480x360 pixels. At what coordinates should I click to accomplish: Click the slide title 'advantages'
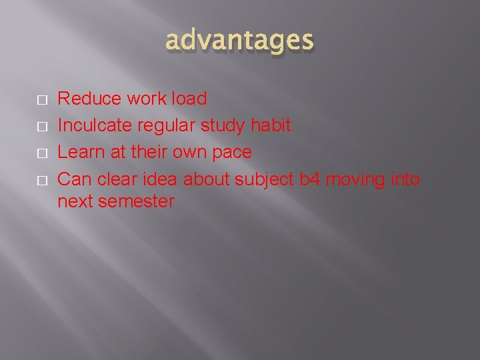(x=239, y=41)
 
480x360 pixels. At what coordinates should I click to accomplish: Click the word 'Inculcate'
(x=95, y=125)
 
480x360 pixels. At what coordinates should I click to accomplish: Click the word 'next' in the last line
(x=75, y=201)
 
